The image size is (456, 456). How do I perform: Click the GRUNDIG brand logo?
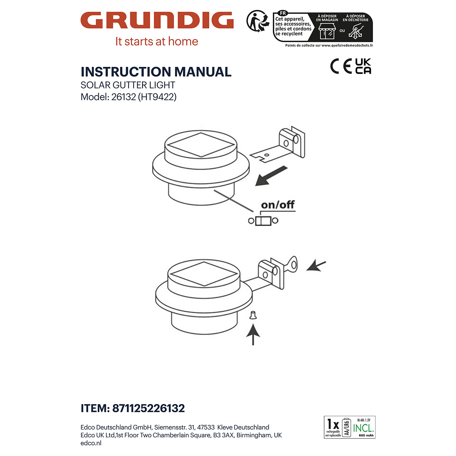(157, 21)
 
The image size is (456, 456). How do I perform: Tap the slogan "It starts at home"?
(157, 41)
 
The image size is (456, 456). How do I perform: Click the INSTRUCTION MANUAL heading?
(156, 72)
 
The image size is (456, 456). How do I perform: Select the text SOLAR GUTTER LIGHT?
(128, 85)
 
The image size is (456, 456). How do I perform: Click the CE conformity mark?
(341, 66)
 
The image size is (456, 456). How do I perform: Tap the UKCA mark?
(363, 66)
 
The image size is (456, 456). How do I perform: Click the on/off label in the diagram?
(278, 205)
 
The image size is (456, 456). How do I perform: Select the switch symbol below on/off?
(263, 220)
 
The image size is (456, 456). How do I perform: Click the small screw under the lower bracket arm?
(252, 315)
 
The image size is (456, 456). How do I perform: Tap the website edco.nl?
(91, 443)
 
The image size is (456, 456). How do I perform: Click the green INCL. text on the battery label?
(363, 428)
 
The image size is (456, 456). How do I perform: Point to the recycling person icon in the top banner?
(257, 21)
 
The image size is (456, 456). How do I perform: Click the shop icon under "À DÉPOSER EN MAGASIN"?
(327, 31)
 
